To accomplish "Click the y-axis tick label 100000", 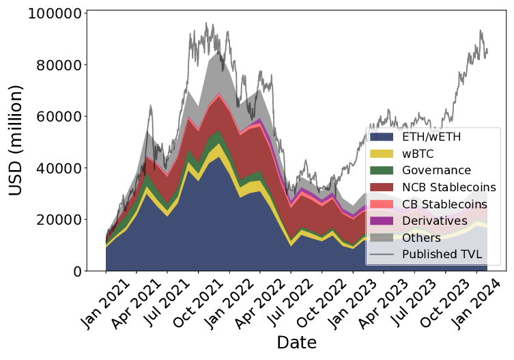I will [52, 14].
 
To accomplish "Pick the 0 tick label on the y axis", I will [79, 271].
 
